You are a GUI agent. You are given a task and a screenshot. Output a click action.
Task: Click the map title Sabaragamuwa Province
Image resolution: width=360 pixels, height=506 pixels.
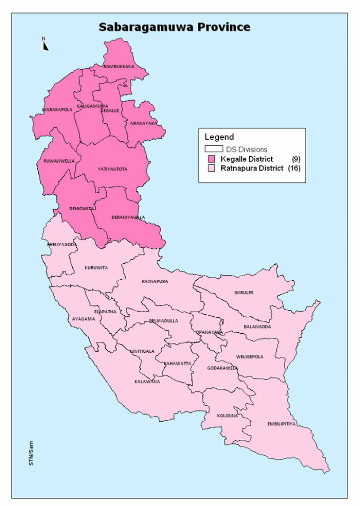[x=174, y=27]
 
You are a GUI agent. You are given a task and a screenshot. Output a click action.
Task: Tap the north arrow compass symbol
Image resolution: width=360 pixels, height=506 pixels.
[x=44, y=45]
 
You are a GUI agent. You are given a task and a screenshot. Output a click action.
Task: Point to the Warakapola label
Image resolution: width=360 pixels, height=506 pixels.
[x=57, y=109]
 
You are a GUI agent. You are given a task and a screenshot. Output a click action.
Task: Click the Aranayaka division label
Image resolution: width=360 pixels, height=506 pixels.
[x=143, y=123]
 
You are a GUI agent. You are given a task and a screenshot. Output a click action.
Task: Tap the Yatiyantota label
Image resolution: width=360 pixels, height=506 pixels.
[x=112, y=169]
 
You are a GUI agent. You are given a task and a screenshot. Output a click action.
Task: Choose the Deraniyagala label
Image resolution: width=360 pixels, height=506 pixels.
[x=128, y=217]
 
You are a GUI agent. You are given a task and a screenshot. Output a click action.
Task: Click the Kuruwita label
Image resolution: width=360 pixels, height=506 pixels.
[x=96, y=268]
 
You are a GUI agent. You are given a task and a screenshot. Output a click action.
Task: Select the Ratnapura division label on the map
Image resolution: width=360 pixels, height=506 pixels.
[x=155, y=281]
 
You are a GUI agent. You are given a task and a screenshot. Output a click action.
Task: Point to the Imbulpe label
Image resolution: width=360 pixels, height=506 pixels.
[x=244, y=292]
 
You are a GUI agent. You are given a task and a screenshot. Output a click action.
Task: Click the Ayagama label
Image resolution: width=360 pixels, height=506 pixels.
[x=83, y=319]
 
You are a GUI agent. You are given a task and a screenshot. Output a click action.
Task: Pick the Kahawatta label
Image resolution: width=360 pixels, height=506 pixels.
[x=177, y=363]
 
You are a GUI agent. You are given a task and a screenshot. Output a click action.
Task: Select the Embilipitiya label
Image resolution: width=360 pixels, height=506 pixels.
[x=281, y=423]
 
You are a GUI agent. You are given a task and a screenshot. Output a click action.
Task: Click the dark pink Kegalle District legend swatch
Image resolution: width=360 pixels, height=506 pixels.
[x=210, y=159]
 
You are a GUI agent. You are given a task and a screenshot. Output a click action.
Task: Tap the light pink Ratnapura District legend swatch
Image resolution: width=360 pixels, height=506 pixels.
[x=210, y=168]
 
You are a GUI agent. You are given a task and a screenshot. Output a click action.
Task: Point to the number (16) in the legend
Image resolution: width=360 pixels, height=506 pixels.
[x=294, y=168]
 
